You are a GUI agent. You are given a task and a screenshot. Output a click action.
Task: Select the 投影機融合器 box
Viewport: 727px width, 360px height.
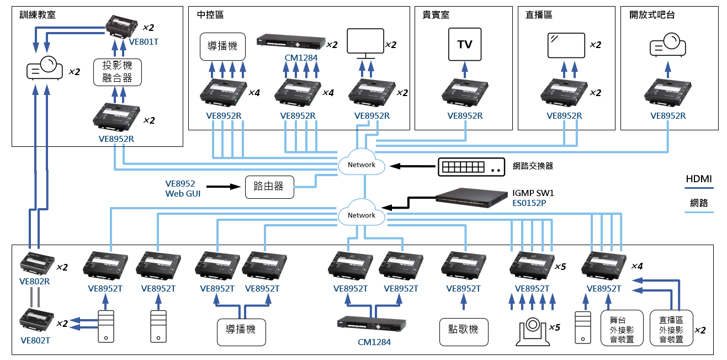click(x=118, y=72)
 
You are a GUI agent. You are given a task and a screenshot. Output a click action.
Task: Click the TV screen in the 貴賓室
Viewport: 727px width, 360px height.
click(x=465, y=44)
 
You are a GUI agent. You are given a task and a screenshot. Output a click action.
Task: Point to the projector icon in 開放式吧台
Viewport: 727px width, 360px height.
click(x=667, y=45)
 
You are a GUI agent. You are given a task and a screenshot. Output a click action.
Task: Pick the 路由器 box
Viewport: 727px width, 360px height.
click(x=269, y=187)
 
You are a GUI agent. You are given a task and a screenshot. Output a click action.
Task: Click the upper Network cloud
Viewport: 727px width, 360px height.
click(x=362, y=164)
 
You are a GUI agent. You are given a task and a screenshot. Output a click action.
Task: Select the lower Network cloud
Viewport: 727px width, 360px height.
click(x=362, y=215)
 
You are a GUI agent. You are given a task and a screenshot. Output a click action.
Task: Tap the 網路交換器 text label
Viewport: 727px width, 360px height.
click(x=533, y=166)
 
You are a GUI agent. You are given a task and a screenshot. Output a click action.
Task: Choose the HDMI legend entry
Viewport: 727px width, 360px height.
click(x=698, y=179)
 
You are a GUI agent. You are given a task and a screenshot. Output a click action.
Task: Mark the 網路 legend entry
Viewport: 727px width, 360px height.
click(x=698, y=203)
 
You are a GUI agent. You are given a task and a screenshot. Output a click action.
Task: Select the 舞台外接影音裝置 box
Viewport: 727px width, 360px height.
click(x=622, y=329)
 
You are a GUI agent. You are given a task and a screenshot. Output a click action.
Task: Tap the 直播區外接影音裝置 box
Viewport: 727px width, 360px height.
click(x=671, y=329)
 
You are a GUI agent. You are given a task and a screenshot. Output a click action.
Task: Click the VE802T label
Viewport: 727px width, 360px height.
click(x=35, y=341)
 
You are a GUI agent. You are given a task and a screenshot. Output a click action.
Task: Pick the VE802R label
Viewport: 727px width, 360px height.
click(x=35, y=280)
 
